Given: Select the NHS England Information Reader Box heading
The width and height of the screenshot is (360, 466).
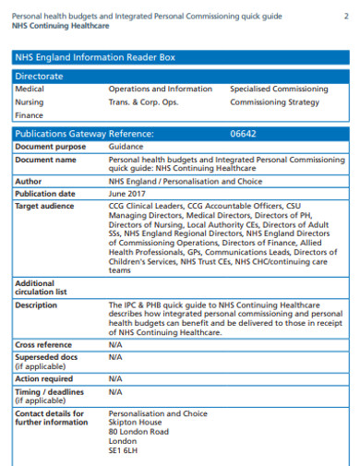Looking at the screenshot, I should [95, 57].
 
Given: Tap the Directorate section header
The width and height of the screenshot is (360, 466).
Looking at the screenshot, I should [39, 76].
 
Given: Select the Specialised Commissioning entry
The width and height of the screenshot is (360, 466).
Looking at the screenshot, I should [279, 90].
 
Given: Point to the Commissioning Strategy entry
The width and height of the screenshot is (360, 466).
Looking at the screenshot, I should [274, 102].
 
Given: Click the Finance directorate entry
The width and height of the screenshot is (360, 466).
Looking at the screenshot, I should [30, 115].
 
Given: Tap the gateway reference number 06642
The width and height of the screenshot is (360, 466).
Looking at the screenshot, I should [243, 134].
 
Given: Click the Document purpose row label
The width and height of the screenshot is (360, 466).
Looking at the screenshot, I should [50, 147].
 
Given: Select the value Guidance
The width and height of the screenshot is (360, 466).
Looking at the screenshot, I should [126, 147].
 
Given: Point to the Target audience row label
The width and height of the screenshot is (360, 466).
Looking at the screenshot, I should [44, 206].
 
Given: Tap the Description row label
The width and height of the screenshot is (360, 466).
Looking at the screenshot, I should [36, 305].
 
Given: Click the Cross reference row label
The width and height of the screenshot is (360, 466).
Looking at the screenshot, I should [43, 343].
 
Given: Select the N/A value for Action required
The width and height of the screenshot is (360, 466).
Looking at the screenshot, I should [115, 378].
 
